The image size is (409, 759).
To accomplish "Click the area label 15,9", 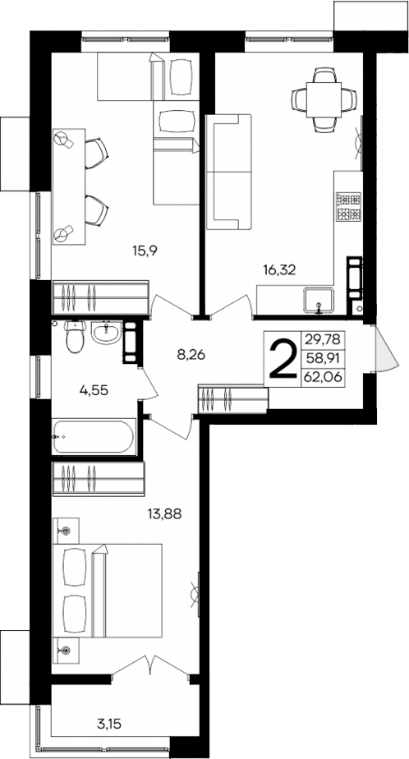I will pyautogui.click(x=145, y=251).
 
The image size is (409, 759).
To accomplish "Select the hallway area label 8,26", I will pyautogui.click(x=191, y=356).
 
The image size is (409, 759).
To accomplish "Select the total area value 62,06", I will pyautogui.click(x=324, y=377).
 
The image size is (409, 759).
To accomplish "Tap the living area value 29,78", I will pyautogui.click(x=324, y=338).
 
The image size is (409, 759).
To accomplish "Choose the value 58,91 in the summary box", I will pyautogui.click(x=324, y=358).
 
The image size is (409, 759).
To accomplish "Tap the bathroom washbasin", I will pyautogui.click(x=104, y=333).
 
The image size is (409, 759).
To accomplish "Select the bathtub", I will pyautogui.click(x=92, y=437).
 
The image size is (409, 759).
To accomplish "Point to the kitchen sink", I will pyautogui.click(x=318, y=300).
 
